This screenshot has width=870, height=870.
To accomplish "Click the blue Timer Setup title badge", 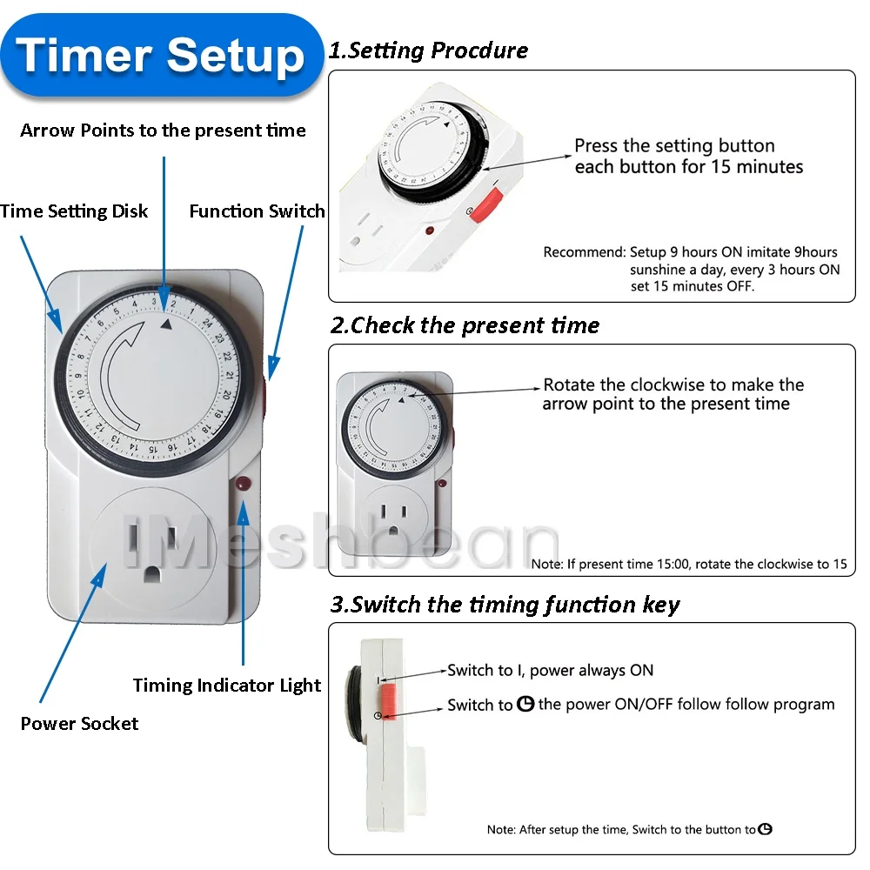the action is (162, 56).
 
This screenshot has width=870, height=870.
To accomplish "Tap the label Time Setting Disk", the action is (74, 211).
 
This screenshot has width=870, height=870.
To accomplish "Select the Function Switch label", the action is (257, 211).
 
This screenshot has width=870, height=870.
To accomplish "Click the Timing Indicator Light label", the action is (227, 686).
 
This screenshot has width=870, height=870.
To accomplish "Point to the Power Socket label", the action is (79, 724).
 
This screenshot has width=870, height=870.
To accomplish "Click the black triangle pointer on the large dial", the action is (166, 324).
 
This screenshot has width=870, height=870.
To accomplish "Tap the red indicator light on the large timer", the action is (243, 483).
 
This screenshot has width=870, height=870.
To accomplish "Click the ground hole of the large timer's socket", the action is (152, 573).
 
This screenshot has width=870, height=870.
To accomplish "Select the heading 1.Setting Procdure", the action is (428, 50).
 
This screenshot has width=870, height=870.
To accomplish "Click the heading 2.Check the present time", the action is (465, 325).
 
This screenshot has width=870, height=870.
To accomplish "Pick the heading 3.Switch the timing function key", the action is (505, 605).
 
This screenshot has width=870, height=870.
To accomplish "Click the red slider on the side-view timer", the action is (388, 701).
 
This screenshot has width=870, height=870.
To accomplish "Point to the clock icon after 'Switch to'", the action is (525, 704).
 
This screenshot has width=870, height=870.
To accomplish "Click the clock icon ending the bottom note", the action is (765, 829).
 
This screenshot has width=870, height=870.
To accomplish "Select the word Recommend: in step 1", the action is (585, 252).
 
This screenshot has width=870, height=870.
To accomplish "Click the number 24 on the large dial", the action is (208, 323).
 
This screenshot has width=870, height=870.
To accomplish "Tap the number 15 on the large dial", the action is (152, 448).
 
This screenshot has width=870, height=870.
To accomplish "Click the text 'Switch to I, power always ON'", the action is (551, 670).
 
